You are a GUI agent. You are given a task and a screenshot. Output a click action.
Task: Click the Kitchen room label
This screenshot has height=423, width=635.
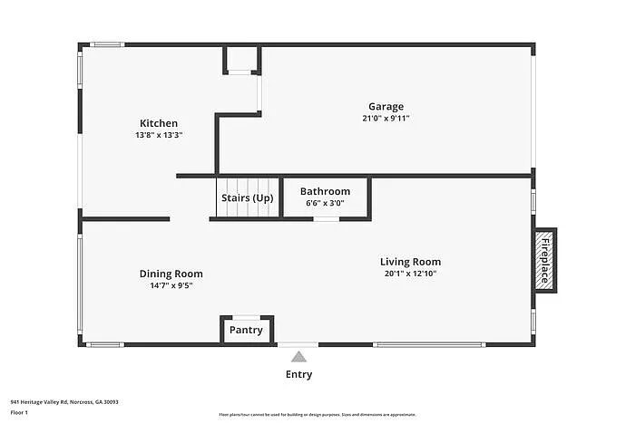pos(158,123)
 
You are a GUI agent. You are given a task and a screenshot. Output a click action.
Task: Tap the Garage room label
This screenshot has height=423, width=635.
pos(386,106)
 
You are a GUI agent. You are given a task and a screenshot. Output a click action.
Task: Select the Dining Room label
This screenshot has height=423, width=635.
pos(171,274)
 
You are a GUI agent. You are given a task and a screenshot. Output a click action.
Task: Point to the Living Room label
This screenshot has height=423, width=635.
pos(410,262)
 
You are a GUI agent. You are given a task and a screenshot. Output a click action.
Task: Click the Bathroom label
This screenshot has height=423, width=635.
pos(325,191)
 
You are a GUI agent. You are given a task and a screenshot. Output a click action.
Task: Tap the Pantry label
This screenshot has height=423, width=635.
pos(246,330)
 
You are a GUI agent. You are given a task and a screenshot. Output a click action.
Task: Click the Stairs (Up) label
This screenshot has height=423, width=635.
pos(247,198)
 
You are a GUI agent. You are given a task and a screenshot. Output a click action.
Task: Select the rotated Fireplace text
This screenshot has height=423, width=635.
pos(544,260)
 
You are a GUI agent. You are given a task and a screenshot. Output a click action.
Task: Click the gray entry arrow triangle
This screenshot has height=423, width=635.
pos(298,357)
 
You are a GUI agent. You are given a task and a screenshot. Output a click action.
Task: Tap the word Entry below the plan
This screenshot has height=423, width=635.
pos(298,374)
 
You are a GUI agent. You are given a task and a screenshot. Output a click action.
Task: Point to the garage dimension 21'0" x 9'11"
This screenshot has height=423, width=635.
pos(386,118)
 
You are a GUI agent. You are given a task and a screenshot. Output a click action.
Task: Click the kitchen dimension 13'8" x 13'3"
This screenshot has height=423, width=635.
pos(158,135)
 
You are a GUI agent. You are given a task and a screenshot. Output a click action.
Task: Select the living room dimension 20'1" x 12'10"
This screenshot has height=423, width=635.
pos(410,274)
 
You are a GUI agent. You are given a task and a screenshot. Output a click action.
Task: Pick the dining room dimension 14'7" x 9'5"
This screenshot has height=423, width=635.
pos(171,285)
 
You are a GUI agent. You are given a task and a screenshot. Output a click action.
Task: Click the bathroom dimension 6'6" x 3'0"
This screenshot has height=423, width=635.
pos(325,203)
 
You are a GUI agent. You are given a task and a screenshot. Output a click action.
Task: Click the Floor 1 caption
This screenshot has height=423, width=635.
pos(20,412)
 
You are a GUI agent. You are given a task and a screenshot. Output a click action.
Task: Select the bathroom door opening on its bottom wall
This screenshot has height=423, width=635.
pos(327,218)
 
